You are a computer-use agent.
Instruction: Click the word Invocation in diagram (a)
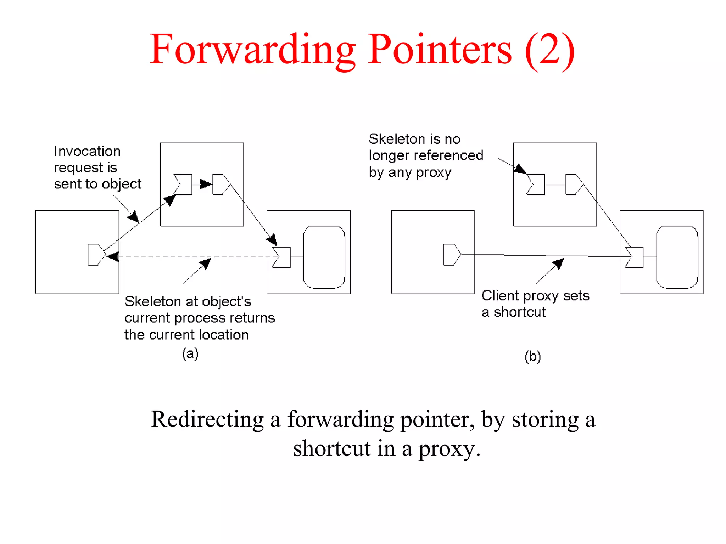(87, 151)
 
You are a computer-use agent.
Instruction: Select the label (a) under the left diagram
(190, 353)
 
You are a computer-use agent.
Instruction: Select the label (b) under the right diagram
(532, 356)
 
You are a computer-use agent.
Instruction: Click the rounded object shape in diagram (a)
(324, 257)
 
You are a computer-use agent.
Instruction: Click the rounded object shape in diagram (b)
(677, 257)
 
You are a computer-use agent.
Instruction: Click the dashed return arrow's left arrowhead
(113, 256)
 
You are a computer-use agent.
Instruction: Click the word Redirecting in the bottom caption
(207, 419)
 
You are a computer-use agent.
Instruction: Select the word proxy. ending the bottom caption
(449, 449)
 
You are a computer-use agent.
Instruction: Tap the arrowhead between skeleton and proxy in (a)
(205, 184)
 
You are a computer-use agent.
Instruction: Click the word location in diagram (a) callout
(224, 335)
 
